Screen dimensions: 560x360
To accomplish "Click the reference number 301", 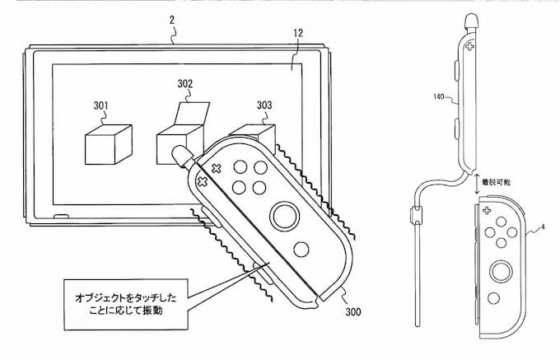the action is (x=100, y=105).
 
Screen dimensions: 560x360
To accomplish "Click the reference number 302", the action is (x=185, y=83).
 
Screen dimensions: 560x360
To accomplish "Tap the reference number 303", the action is (x=264, y=105).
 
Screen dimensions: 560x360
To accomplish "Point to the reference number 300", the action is (x=352, y=311).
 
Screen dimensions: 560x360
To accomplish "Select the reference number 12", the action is (x=298, y=33).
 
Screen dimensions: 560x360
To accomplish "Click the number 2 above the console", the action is (x=172, y=20).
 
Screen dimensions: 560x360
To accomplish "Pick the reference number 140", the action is (x=438, y=96).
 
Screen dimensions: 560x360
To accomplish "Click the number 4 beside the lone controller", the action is (x=543, y=227).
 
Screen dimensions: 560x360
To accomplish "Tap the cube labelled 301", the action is (x=109, y=144).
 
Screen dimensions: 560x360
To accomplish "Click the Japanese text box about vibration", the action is (x=126, y=304).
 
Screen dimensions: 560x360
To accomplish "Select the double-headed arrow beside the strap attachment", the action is (x=477, y=183).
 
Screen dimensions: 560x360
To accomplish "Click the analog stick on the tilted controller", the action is (x=285, y=217).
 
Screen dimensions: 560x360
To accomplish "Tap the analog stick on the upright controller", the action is (x=501, y=272).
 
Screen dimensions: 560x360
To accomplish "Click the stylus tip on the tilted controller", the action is (x=182, y=155).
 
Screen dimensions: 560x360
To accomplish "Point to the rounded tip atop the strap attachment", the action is (x=471, y=21).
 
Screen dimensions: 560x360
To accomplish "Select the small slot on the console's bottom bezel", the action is (x=61, y=217).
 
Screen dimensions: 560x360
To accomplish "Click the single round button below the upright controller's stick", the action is (x=493, y=298).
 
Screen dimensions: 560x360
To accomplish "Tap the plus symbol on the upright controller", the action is (x=487, y=211).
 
